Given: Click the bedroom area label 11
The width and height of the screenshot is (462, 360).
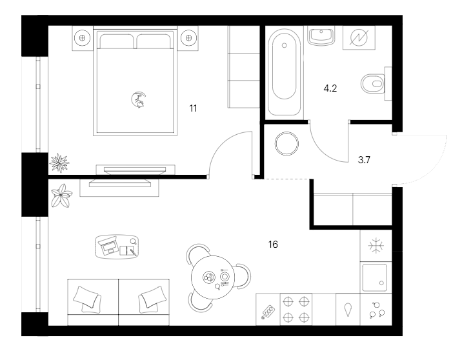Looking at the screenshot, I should click(192, 108).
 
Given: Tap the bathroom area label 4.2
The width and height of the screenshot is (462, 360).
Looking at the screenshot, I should click(330, 89).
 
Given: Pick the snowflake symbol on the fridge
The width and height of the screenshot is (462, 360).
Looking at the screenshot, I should click(374, 245).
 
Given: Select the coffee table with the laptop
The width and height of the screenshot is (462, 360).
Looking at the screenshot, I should click(118, 246).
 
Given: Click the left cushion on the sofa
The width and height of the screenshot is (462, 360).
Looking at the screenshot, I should click(87, 297).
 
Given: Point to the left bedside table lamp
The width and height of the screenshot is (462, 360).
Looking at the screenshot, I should click(82, 37).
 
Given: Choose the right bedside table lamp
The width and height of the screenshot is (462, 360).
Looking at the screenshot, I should click(189, 37).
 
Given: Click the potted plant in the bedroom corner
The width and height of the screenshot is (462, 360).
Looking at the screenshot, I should click(61, 162).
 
